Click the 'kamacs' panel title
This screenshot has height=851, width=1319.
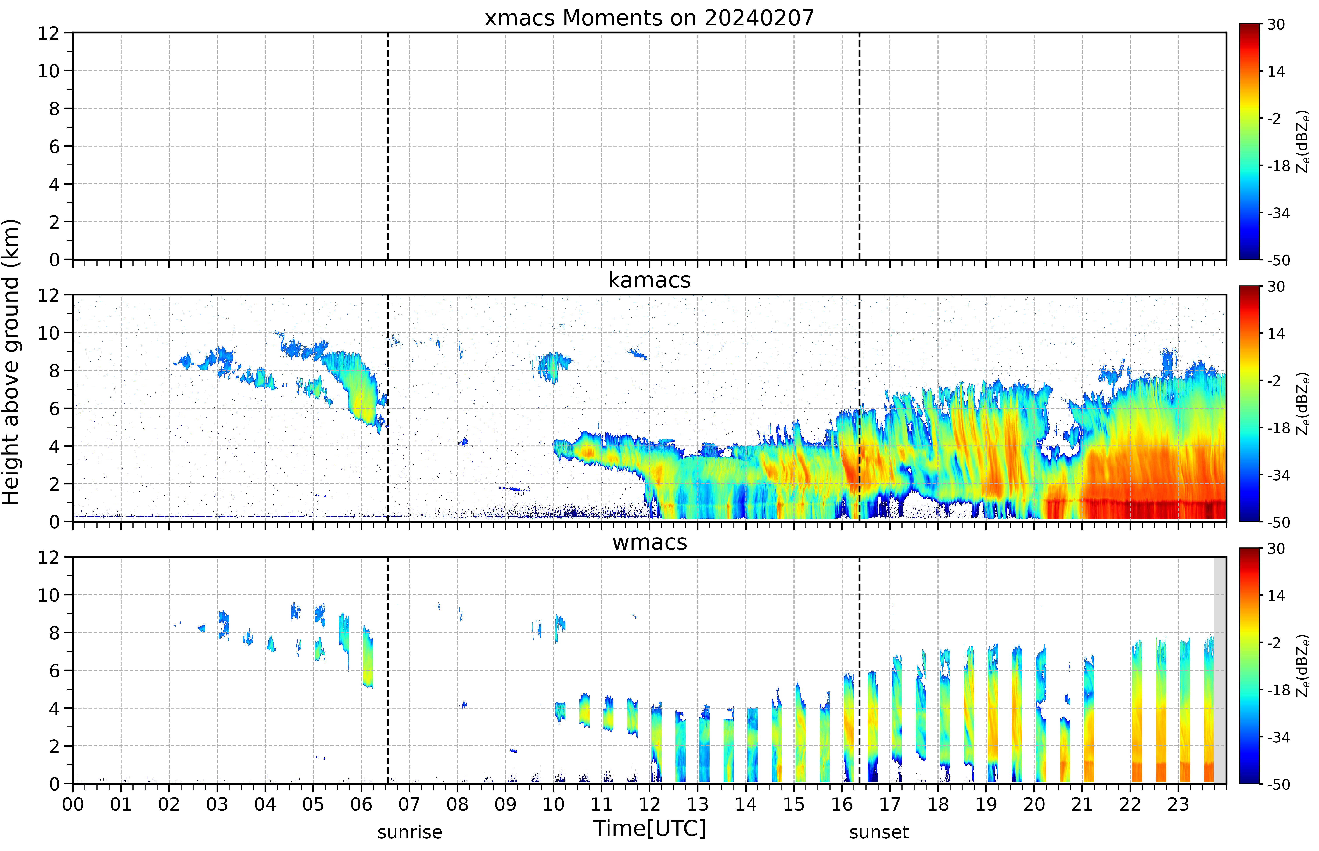(649, 280)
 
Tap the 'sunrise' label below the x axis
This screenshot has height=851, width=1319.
(409, 832)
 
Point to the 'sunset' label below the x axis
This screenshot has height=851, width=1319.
(879, 832)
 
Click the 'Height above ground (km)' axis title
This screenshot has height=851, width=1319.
(11, 362)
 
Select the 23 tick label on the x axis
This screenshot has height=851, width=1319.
(1178, 804)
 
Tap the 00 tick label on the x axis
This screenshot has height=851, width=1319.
(73, 804)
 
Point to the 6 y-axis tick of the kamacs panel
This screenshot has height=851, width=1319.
(54, 408)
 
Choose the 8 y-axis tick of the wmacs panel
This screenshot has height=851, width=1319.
(54, 633)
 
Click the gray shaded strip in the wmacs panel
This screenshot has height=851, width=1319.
(1220, 670)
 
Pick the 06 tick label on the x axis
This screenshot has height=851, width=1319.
(361, 804)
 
